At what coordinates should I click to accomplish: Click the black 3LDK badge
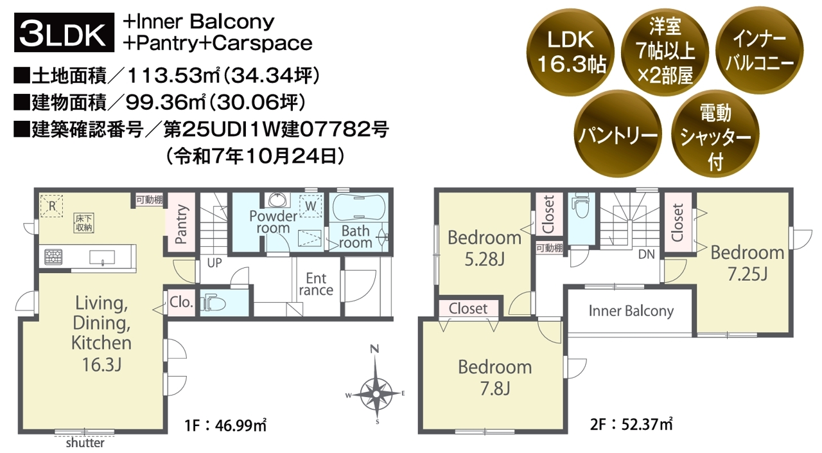pyautogui.click(x=64, y=32)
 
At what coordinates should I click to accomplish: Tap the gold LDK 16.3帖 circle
pyautogui.click(x=570, y=52)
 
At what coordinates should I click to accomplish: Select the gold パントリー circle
pyautogui.click(x=618, y=134)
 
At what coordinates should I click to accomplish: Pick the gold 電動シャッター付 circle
pyautogui.click(x=715, y=134)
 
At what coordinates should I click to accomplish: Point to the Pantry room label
pyautogui.click(x=181, y=224)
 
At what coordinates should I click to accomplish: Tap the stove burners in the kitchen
pyautogui.click(x=53, y=256)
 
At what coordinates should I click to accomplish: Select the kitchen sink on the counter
pyautogui.click(x=102, y=257)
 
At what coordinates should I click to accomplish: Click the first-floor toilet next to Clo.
pyautogui.click(x=213, y=303)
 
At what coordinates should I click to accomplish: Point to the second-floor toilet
pyautogui.click(x=581, y=206)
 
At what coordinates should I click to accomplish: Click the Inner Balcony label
pyautogui.click(x=631, y=311)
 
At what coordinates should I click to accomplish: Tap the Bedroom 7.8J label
pyautogui.click(x=495, y=377)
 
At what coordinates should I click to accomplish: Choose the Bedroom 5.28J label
pyautogui.click(x=484, y=248)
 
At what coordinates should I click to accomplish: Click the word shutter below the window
pyautogui.click(x=85, y=443)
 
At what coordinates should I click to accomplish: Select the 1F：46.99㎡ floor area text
pyautogui.click(x=225, y=425)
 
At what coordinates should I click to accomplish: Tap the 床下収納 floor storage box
pyautogui.click(x=83, y=223)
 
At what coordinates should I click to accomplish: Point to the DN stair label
pyautogui.click(x=646, y=254)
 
